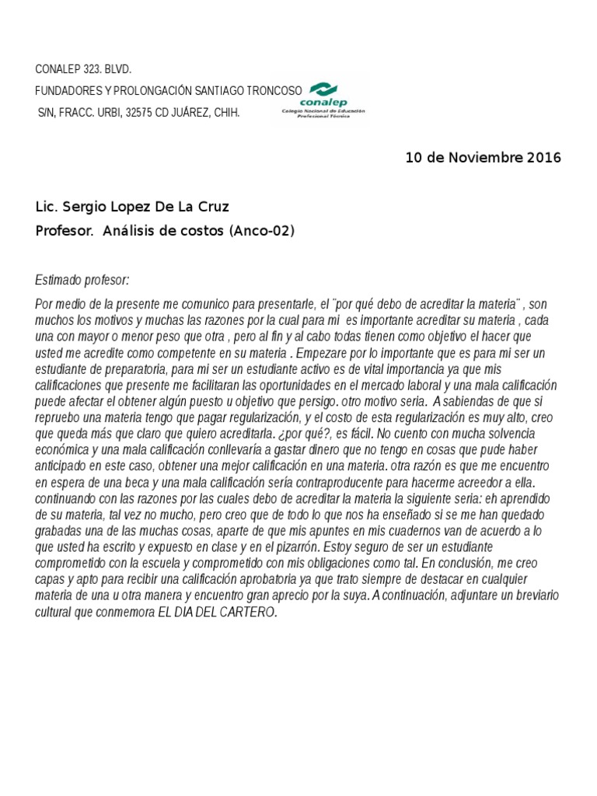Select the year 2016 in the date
point(543,158)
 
